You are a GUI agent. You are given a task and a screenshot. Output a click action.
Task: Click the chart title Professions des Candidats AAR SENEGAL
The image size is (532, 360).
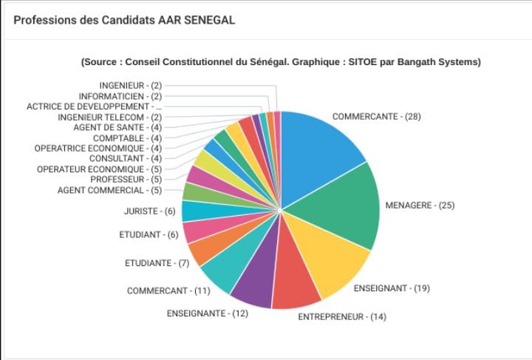pos(124,20)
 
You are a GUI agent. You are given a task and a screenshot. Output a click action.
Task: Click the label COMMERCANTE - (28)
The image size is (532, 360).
pos(377,117)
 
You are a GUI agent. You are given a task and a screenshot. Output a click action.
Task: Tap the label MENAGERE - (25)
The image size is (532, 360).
pos(420,206)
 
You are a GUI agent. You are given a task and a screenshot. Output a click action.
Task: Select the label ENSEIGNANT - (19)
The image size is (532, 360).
pos(392,288)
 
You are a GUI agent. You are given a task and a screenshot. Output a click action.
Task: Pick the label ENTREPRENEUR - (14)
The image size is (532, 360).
pos(342,316)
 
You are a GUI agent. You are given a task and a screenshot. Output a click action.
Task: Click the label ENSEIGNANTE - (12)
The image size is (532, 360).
pos(208,313)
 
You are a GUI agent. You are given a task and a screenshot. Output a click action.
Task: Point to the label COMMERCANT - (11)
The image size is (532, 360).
pos(168,291)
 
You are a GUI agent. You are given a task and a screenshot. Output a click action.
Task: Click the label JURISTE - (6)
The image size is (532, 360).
pos(149,211)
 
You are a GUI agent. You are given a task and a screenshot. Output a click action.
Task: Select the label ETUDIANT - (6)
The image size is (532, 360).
pos(149,234)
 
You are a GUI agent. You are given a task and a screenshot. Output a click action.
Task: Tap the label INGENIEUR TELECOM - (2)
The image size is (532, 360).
pos(110,118)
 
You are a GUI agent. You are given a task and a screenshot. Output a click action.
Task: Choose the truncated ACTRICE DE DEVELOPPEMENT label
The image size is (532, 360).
pos(95,106)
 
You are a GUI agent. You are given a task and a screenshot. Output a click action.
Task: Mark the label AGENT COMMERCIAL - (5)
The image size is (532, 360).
pos(109,190)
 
